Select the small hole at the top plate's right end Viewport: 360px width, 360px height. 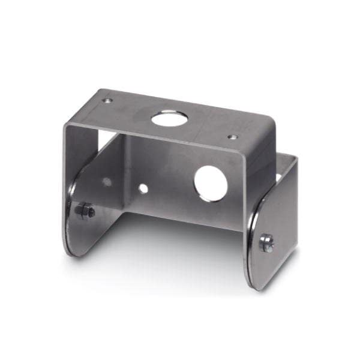[232, 137]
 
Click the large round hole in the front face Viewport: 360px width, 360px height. [210, 182]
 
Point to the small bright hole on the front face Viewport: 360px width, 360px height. [143, 188]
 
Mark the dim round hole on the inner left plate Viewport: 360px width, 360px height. [106, 181]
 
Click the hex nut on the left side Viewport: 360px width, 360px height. [85, 211]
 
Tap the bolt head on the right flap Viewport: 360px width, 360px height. [266, 242]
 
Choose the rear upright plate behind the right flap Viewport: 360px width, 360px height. [287, 198]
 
